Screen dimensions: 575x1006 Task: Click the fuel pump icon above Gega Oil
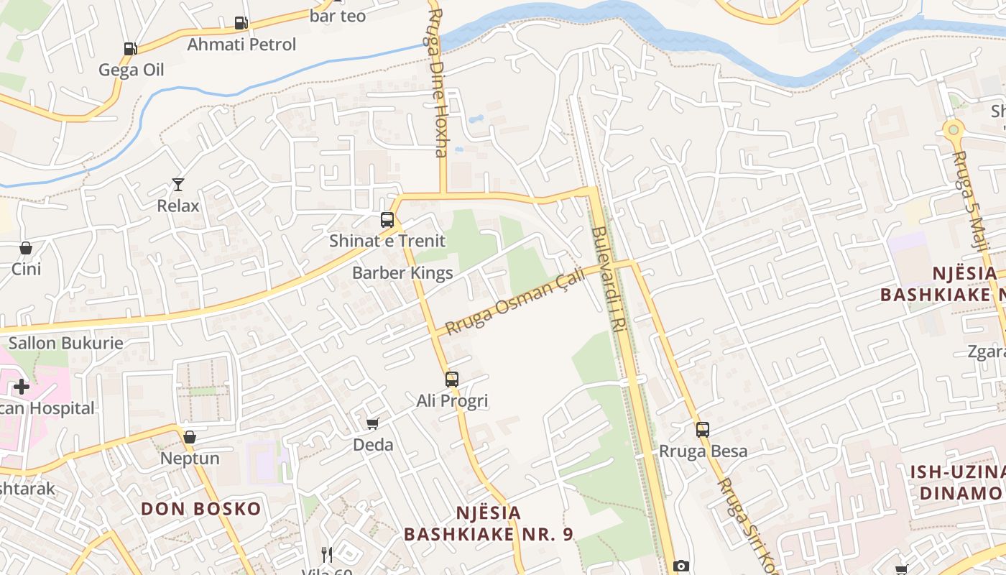[x=130, y=49]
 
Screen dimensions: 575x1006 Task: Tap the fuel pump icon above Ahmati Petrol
[x=241, y=23]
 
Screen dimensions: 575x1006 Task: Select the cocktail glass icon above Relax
[x=178, y=185]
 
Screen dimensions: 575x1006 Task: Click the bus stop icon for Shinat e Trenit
[x=387, y=220]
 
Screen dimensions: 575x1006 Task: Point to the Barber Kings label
[x=402, y=273]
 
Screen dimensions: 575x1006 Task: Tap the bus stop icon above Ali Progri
[x=452, y=379]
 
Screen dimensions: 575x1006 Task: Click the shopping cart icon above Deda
[x=372, y=423]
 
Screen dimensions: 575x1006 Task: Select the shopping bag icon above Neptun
[x=190, y=437]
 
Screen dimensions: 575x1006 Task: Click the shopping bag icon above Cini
[x=26, y=248]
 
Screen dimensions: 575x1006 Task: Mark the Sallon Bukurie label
[x=66, y=343]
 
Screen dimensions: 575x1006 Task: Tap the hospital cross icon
[x=22, y=387]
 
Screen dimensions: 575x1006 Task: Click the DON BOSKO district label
[x=201, y=509]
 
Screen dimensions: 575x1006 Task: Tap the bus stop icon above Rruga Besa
[x=703, y=430]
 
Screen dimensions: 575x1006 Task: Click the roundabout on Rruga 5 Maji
[x=954, y=130]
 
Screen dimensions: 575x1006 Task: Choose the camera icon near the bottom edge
[x=681, y=566]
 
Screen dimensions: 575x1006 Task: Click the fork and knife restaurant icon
[x=327, y=554]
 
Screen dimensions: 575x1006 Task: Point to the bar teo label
[x=338, y=15]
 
